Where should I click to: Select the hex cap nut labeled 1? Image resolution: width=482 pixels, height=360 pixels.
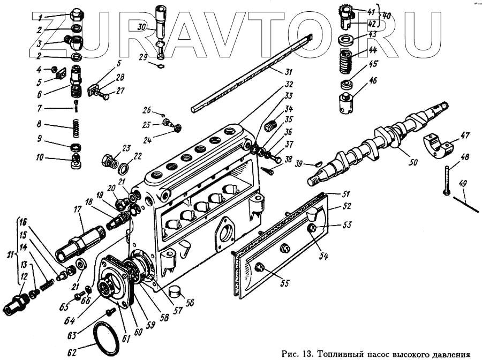pyautogui.click(x=76, y=14)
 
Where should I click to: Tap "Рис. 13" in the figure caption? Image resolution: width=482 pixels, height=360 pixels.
pyautogui.click(x=296, y=354)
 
